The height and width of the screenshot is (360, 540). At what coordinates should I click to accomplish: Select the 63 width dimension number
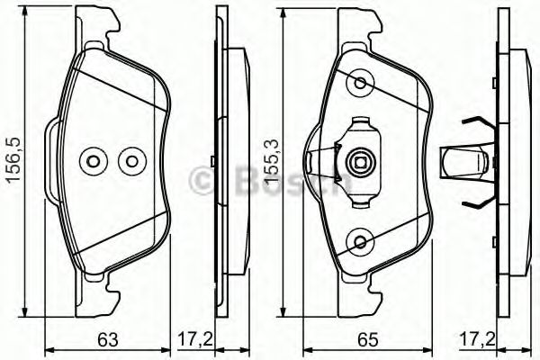click(107, 339)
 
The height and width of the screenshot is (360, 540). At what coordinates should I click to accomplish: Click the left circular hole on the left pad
click(93, 162)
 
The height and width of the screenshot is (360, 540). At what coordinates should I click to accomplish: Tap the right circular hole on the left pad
click(132, 162)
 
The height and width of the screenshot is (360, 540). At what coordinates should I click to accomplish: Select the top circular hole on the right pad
click(362, 84)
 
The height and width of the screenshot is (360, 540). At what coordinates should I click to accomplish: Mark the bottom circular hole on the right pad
click(362, 241)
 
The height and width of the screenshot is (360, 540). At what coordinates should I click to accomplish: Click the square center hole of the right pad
click(361, 163)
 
